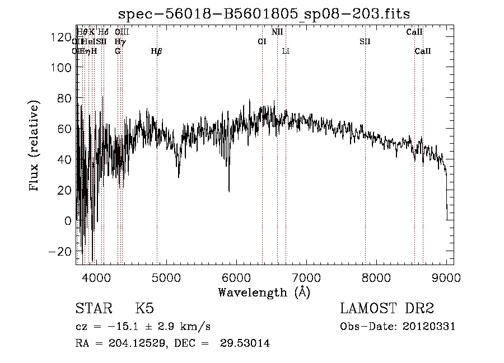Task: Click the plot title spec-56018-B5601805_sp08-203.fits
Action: [268, 13]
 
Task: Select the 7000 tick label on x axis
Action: [306, 276]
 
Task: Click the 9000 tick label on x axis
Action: [446, 276]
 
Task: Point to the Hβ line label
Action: [157, 51]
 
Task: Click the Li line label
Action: [286, 51]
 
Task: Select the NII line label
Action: [277, 32]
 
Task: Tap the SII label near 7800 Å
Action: [365, 41]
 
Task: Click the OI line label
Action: [262, 41]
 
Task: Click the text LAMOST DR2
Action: [387, 309]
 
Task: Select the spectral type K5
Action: [144, 309]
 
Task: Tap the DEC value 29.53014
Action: [246, 343]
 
